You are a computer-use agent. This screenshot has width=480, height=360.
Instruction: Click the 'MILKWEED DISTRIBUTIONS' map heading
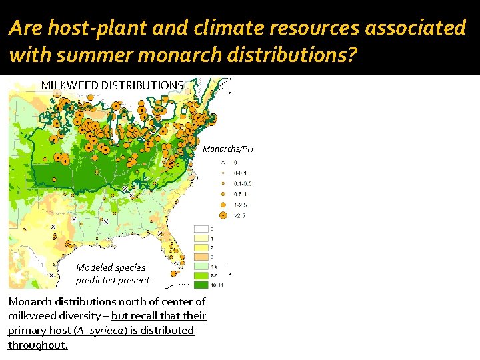pyautogui.click(x=112, y=85)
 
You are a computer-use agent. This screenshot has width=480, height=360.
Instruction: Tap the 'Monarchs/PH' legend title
pyautogui.click(x=229, y=149)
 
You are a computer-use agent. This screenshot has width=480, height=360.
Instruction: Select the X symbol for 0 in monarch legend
pyautogui.click(x=223, y=162)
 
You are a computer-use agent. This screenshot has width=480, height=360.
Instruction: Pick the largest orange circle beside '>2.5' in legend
pyautogui.click(x=223, y=215)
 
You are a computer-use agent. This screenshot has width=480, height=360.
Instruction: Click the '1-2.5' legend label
pyautogui.click(x=241, y=205)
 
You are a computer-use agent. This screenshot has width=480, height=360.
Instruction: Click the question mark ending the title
pyautogui.click(x=352, y=55)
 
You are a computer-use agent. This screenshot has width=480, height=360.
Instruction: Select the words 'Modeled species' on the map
pyautogui.click(x=111, y=267)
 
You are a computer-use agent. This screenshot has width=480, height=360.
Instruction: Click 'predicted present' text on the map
pyautogui.click(x=113, y=280)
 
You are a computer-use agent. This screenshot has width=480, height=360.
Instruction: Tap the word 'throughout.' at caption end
pyautogui.click(x=38, y=345)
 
